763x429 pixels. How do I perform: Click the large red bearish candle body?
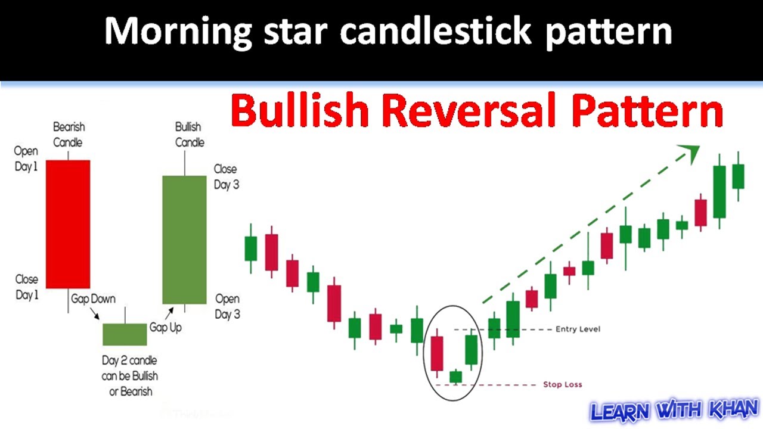click(68, 224)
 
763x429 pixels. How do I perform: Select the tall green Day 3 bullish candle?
click(184, 240)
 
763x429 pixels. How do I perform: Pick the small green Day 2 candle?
click(125, 334)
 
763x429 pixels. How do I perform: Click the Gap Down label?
click(94, 299)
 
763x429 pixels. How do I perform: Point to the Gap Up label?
click(165, 328)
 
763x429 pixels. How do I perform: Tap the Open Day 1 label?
click(26, 159)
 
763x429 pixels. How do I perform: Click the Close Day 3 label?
click(226, 177)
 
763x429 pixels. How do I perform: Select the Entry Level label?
click(577, 329)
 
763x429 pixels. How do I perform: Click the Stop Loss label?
click(562, 384)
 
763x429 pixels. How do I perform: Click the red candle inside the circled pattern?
click(437, 353)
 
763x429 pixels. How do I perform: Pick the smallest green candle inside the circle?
click(455, 377)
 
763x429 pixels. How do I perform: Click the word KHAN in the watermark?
click(733, 411)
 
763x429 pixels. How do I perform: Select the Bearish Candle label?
click(68, 135)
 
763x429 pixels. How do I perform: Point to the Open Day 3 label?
click(227, 306)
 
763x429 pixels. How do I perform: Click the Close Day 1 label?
click(26, 287)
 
